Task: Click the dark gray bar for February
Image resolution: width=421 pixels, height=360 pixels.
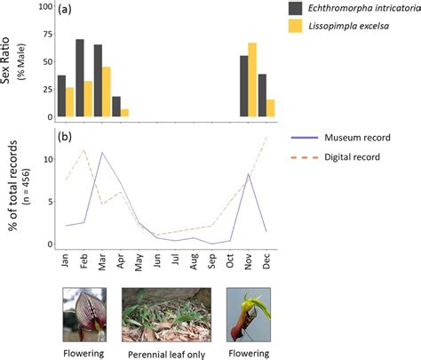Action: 80,78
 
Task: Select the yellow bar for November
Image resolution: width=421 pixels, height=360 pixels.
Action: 252,80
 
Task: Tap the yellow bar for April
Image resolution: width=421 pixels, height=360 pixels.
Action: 124,113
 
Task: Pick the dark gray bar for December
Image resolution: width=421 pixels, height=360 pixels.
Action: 262,96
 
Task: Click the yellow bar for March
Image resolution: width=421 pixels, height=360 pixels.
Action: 105,92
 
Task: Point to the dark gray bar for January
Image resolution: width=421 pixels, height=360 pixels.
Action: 60,96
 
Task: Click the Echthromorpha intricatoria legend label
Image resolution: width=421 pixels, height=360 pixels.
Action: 361,8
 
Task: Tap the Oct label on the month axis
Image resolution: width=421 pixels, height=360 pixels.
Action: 234,263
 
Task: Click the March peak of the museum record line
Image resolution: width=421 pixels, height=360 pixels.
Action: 102,153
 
